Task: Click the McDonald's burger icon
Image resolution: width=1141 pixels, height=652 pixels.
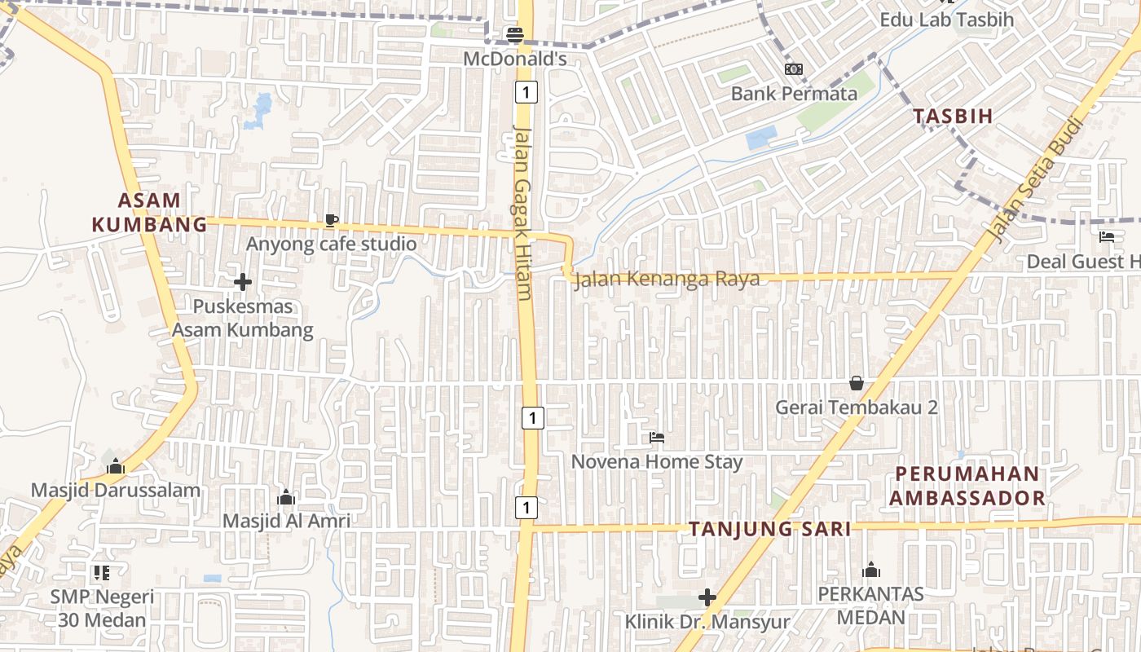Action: point(514,35)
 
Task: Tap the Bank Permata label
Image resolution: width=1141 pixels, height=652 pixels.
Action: point(794,94)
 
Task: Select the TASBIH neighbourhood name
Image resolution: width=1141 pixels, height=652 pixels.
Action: point(953,116)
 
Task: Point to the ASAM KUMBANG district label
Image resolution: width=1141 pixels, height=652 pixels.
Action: point(149,212)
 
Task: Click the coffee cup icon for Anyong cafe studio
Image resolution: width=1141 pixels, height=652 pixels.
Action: point(331,220)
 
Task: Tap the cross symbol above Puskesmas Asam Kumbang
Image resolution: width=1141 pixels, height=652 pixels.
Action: point(242,283)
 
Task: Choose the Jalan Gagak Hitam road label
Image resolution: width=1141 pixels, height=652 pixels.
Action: point(522,212)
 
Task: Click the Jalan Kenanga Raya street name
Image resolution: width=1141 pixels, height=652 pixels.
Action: point(667,279)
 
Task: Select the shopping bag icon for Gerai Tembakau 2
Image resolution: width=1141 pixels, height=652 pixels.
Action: point(857,382)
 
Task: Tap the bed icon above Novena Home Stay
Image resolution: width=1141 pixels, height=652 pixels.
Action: point(656,438)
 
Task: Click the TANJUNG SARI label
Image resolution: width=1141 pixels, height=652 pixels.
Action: point(770,529)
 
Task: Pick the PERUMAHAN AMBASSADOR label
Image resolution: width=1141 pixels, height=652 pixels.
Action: point(967,486)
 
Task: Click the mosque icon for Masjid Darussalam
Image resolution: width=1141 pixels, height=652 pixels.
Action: point(115,466)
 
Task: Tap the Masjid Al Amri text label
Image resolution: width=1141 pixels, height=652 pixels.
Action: point(287,521)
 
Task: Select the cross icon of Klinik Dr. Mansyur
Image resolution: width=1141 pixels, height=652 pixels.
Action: point(707,597)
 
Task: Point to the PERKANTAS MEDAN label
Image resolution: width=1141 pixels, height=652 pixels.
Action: point(870,606)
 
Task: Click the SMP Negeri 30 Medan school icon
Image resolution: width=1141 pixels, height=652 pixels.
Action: point(101,573)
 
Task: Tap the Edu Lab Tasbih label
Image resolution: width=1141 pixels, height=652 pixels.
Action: point(946,20)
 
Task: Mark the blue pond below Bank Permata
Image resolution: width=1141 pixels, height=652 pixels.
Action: point(762,138)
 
